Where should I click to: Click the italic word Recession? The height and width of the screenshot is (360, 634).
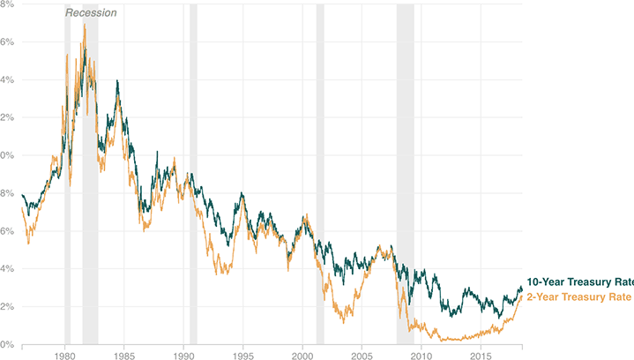[91, 13]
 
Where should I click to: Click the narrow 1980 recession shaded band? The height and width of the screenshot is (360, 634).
[67, 176]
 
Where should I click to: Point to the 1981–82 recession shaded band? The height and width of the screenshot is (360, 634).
[90, 176]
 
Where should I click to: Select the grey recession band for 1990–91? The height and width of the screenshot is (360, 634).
[193, 176]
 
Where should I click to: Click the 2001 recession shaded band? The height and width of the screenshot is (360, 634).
[320, 176]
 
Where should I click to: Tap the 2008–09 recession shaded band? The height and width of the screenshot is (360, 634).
[405, 176]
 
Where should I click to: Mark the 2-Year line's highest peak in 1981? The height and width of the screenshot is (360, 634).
[84, 24]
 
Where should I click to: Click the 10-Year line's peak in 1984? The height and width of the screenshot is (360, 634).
[117, 81]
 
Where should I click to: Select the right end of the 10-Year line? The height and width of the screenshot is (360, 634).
[521, 289]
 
